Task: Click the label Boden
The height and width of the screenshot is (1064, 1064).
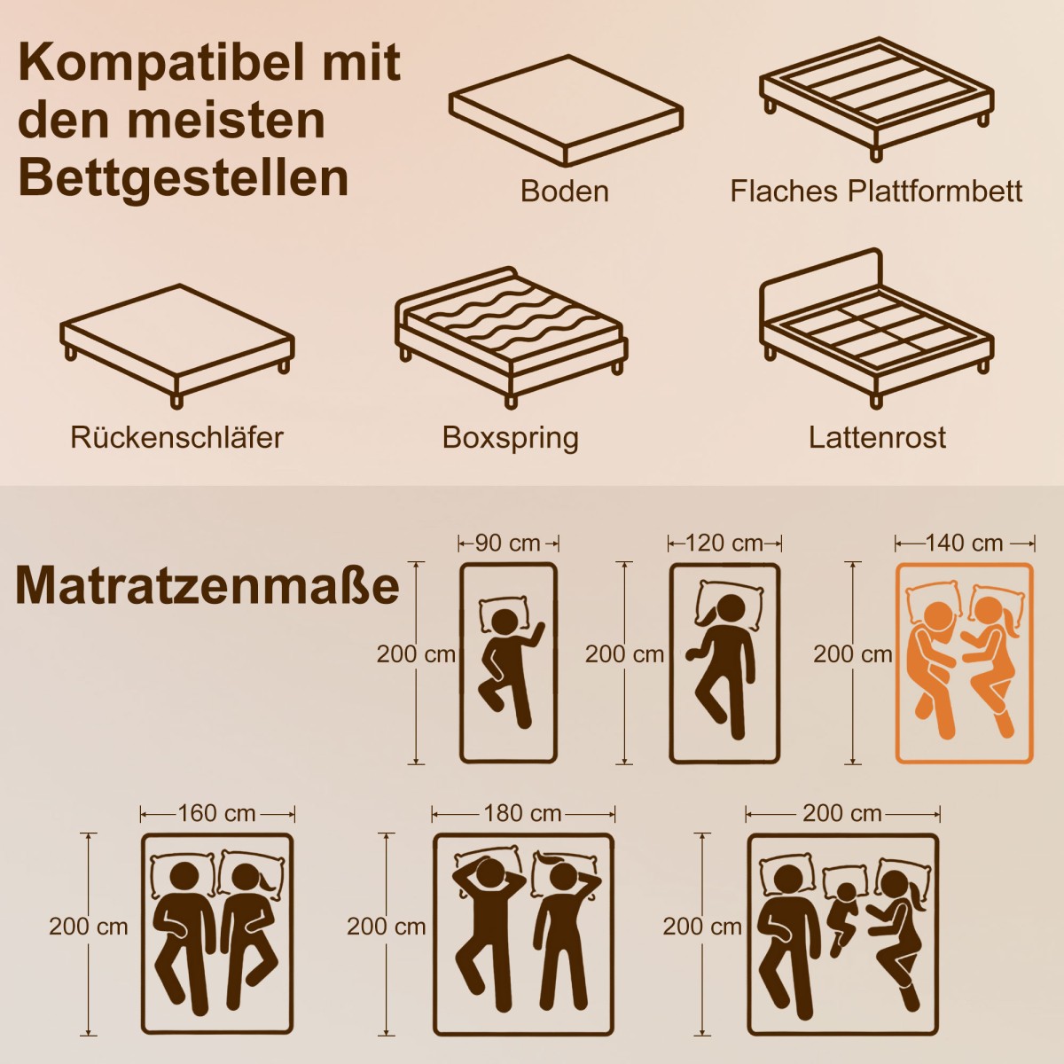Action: coord(564,191)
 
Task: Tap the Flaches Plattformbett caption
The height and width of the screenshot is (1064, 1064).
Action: coord(876,191)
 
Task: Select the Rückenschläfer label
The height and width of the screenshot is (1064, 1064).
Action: coord(176,437)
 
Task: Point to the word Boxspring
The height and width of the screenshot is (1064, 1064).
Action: coord(510,438)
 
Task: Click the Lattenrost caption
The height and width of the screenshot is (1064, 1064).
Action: coord(878,437)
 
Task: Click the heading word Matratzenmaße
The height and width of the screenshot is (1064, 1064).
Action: coord(207,585)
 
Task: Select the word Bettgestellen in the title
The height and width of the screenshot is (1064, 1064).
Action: coord(184,178)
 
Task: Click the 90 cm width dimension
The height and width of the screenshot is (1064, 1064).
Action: coord(508,544)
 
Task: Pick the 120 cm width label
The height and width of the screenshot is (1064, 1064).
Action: coord(724,544)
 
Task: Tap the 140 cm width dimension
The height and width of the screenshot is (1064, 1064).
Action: coord(964,544)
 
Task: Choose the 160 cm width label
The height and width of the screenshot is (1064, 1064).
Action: coord(217,813)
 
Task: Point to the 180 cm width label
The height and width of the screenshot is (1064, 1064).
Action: coord(523,813)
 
